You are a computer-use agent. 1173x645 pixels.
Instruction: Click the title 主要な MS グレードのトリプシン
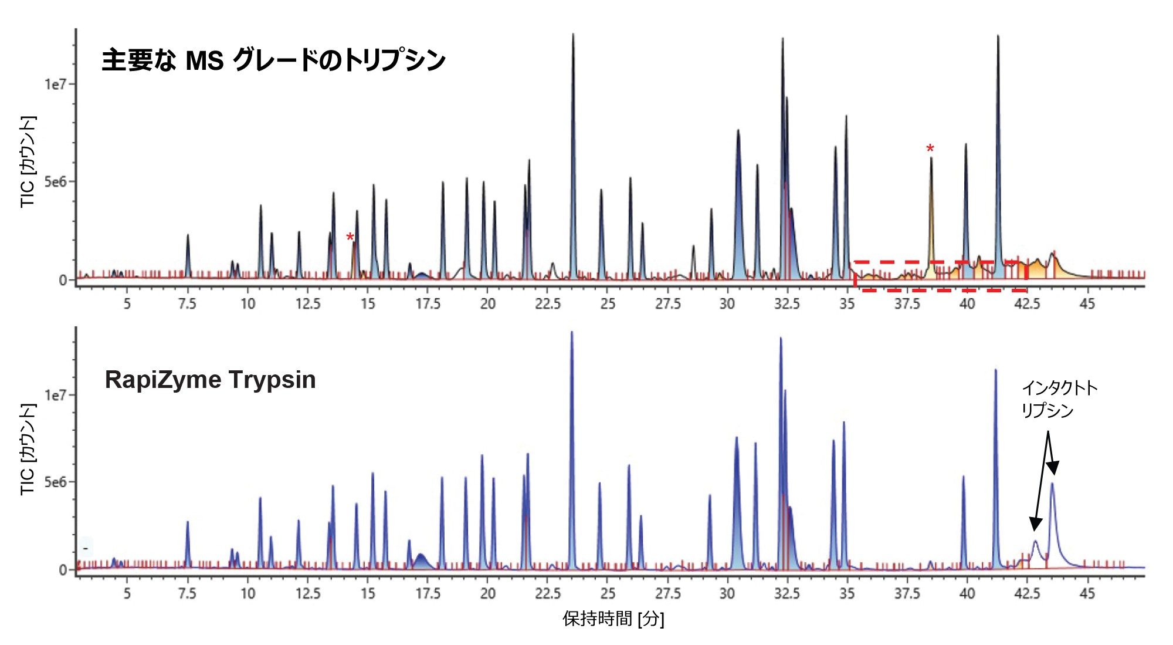pyautogui.click(x=273, y=60)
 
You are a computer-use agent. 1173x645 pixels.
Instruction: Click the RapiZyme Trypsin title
pyautogui.click(x=210, y=380)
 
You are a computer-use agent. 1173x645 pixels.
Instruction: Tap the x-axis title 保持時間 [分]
pyautogui.click(x=613, y=619)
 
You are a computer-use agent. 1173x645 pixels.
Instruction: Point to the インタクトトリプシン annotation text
pyautogui.click(x=1059, y=399)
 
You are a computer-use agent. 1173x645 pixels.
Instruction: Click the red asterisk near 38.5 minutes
pyautogui.click(x=930, y=149)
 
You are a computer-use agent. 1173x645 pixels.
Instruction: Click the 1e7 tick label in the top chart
pyautogui.click(x=60, y=84)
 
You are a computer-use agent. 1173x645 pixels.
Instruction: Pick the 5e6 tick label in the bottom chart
pyautogui.click(x=60, y=482)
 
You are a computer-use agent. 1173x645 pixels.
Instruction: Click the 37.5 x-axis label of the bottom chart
pyautogui.click(x=907, y=594)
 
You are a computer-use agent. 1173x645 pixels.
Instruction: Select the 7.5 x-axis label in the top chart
pyautogui.click(x=187, y=304)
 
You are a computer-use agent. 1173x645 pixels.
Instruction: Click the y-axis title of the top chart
pyautogui.click(x=28, y=161)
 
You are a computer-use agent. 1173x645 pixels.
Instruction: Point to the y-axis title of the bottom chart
pyautogui.click(x=28, y=449)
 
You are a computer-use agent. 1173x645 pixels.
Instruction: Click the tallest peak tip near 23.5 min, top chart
pyautogui.click(x=573, y=35)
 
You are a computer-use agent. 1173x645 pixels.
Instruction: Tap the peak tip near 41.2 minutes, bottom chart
pyautogui.click(x=995, y=370)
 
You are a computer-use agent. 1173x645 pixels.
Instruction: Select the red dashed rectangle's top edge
pyautogui.click(x=938, y=262)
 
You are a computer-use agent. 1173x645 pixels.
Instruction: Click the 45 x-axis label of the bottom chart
pyautogui.click(x=1087, y=594)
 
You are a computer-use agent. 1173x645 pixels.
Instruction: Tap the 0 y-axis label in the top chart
pyautogui.click(x=63, y=280)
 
